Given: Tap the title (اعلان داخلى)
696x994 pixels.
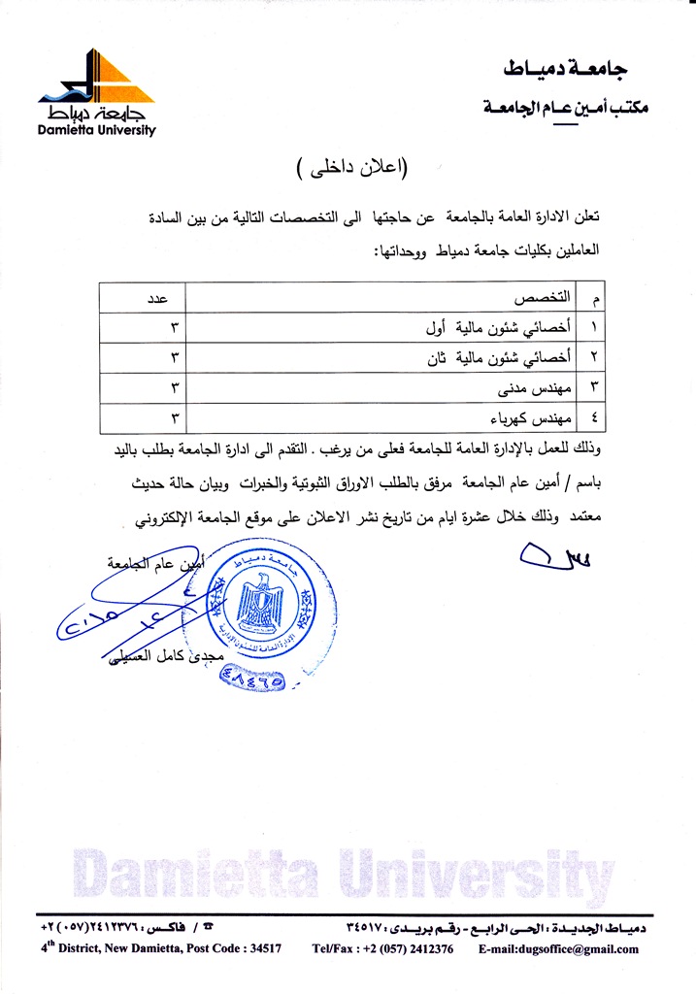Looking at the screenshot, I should point(351,166).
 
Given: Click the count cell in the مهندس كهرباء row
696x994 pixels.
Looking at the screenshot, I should point(177,418).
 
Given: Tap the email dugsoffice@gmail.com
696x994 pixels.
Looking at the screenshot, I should point(558,949).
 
